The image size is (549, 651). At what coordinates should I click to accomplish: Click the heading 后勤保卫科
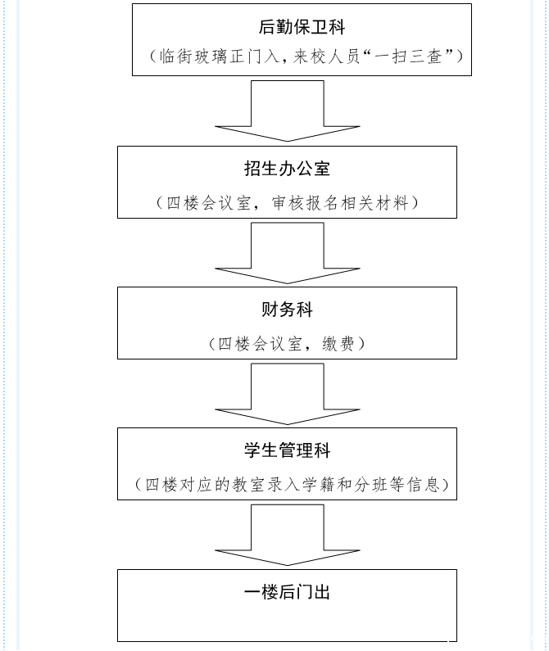click(x=302, y=28)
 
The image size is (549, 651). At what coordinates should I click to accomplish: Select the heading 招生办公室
click(x=287, y=169)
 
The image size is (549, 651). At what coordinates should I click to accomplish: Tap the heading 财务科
click(x=287, y=310)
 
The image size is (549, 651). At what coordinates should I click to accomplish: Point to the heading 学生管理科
click(x=287, y=450)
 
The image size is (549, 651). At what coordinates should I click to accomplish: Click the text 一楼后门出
click(x=287, y=592)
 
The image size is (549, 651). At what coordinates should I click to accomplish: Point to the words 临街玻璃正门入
click(x=212, y=57)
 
